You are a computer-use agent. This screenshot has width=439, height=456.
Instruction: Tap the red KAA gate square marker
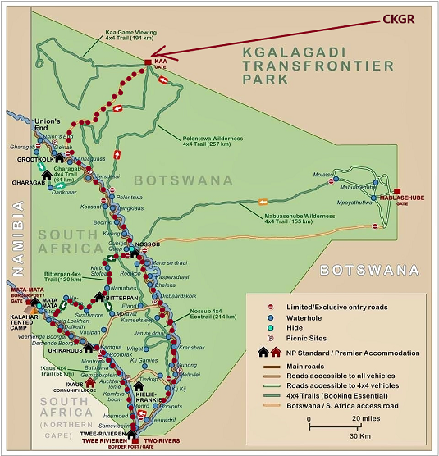(x=148, y=62)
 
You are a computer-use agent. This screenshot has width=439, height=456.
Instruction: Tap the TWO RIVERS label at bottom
(x=162, y=440)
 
